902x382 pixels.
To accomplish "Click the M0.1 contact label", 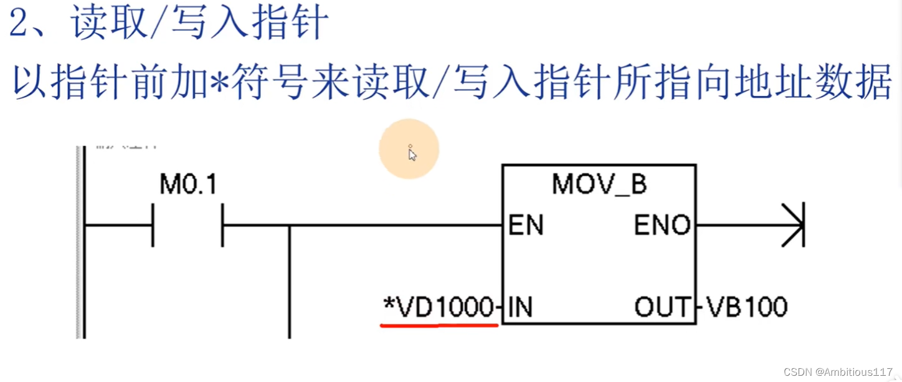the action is [188, 185].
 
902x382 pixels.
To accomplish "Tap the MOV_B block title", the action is [599, 185].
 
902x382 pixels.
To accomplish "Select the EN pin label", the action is [526, 226].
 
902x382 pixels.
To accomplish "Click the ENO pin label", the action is [662, 226].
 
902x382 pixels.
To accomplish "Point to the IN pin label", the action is [520, 307].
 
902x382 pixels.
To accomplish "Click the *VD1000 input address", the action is [439, 307].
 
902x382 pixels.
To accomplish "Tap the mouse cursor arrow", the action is [412, 154].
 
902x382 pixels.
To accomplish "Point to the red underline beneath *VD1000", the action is [439, 325].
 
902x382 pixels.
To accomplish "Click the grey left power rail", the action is [80, 243].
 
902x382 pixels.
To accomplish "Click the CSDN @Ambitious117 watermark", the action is [838, 372].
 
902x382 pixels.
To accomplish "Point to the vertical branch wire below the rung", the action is [290, 280].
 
